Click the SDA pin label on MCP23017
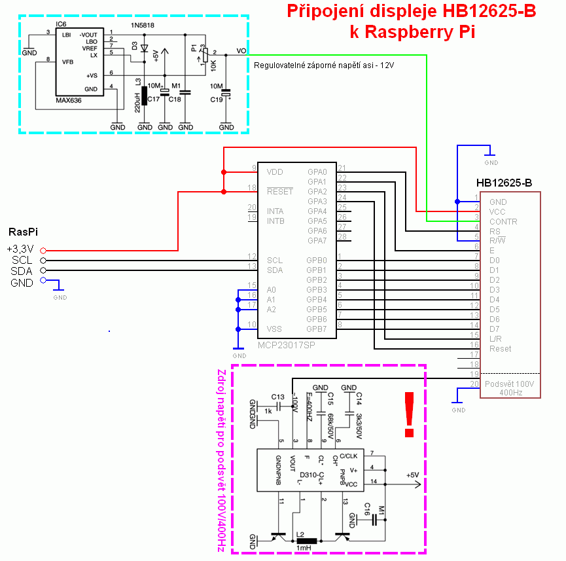point(275,270)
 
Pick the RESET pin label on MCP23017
point(279,191)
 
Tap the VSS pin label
point(275,329)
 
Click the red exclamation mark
point(410,414)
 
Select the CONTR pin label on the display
point(503,221)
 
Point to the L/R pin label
point(496,338)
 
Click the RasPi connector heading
point(23,232)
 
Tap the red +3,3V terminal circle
point(43,250)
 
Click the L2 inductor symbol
point(306,541)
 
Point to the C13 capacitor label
point(277,397)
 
